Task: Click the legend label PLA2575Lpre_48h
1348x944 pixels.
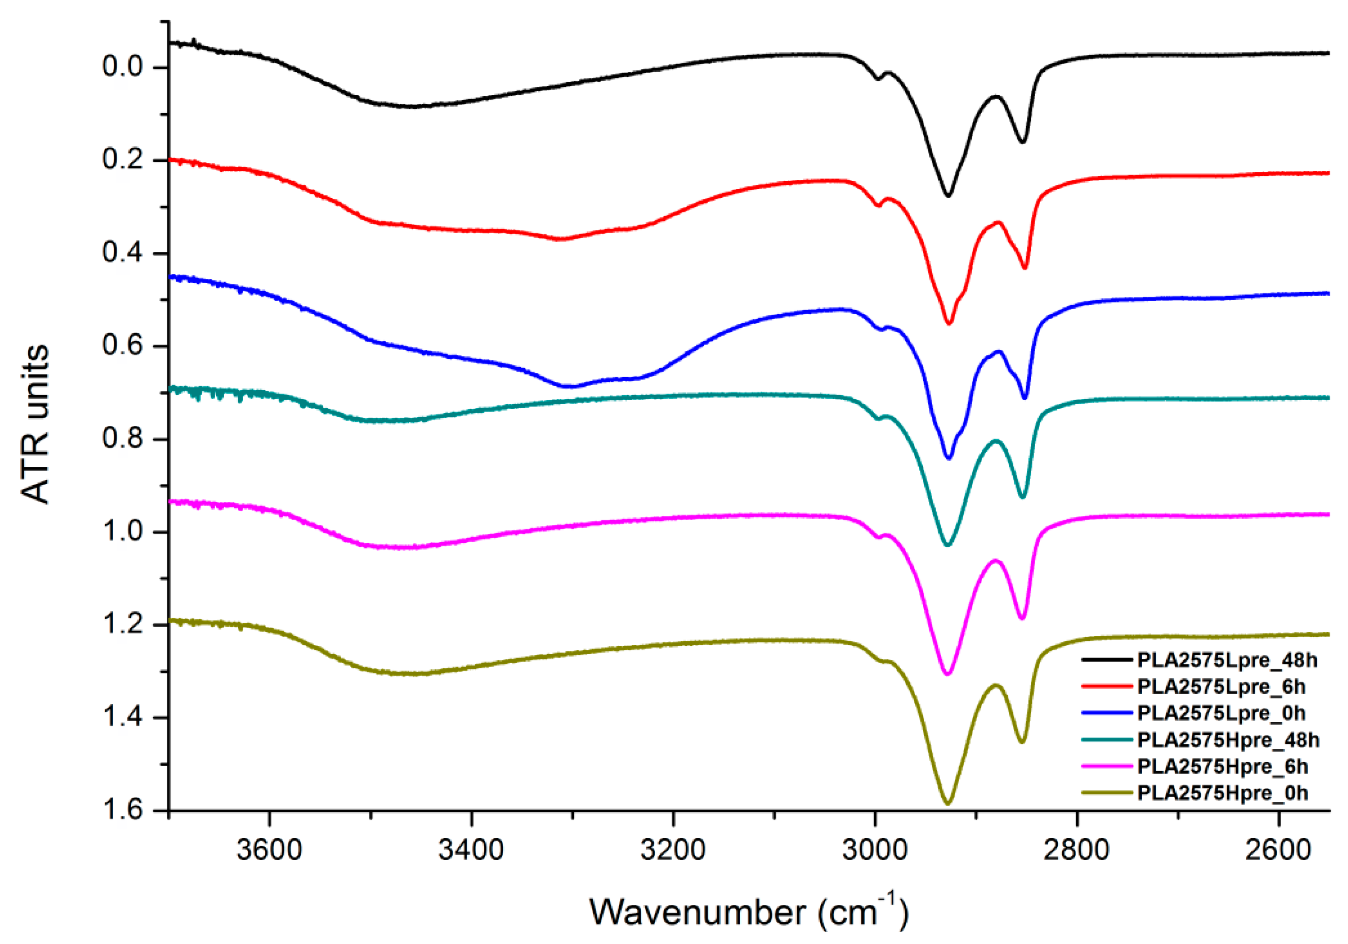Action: [1228, 660]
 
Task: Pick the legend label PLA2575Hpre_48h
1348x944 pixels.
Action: [1229, 740]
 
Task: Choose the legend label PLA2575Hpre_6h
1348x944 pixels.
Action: [1223, 766]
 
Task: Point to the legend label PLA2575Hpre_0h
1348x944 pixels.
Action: [1223, 792]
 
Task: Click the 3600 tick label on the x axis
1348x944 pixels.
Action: [270, 850]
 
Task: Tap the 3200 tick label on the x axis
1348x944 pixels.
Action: [673, 850]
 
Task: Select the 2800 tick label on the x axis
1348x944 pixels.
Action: [1077, 850]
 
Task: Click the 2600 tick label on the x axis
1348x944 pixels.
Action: [1278, 850]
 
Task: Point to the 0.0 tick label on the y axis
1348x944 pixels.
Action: [123, 67]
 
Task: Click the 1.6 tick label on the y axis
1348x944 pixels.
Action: [123, 809]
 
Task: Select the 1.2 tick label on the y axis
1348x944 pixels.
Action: [123, 624]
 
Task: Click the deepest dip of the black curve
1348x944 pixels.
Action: [948, 195]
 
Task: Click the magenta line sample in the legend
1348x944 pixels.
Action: [1107, 766]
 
